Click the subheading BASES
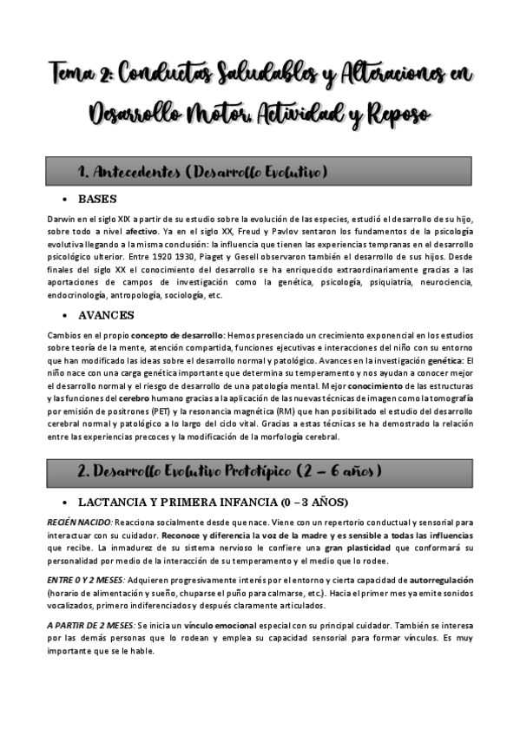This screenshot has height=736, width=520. [96, 199]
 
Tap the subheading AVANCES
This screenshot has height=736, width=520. [106, 314]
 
